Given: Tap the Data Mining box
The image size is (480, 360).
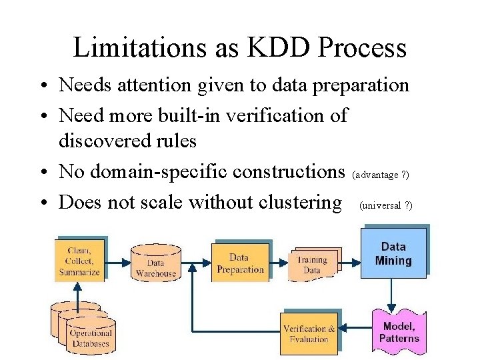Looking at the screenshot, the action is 393,254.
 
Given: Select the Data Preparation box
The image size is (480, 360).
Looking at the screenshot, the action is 240,263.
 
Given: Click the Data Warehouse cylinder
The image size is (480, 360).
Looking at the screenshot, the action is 156,263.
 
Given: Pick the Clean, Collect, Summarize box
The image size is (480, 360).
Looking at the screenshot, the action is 79,261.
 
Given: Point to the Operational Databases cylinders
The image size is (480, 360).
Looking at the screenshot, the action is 83,331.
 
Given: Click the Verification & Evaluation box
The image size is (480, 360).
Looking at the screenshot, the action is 309,333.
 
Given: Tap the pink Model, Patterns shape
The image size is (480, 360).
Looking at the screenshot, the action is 399,331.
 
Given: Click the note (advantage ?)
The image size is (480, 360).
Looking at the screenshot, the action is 381,175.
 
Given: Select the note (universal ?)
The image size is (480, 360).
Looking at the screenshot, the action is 386,205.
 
